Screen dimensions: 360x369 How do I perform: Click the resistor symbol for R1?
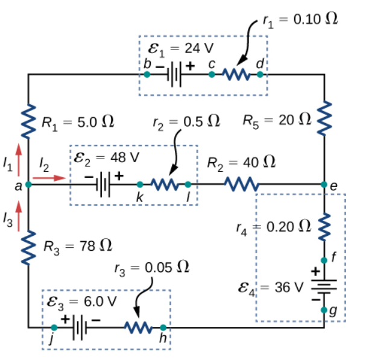point(28,122)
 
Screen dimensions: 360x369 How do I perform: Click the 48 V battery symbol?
point(106,183)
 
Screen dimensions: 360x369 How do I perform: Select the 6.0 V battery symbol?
point(80,327)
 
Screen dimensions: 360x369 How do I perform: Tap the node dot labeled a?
point(28,184)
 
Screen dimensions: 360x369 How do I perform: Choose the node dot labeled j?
point(54,327)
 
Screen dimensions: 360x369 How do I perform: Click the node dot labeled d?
point(259,75)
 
